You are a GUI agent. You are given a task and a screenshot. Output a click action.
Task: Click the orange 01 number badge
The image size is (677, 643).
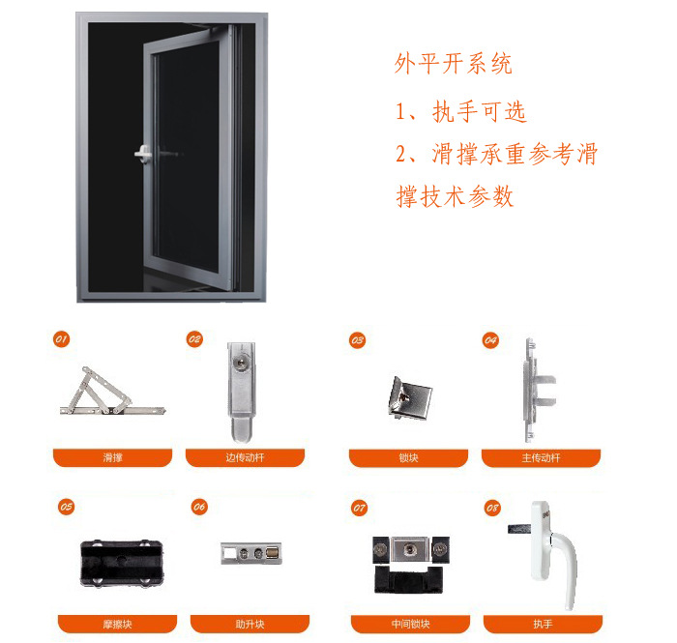click(61, 338)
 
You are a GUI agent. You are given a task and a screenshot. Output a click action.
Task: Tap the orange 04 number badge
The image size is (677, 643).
click(490, 340)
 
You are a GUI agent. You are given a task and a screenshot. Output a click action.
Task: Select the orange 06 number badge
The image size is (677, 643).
click(199, 507)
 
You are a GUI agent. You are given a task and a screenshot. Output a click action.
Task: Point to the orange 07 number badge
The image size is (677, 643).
click(359, 508)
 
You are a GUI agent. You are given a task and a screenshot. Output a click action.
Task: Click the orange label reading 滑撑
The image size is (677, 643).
click(113, 457)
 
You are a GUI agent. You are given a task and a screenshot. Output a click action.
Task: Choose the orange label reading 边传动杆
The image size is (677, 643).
click(246, 457)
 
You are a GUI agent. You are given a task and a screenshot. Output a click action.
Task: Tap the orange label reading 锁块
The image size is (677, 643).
click(408, 458)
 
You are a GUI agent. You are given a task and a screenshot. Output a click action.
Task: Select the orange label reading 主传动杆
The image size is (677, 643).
click(541, 458)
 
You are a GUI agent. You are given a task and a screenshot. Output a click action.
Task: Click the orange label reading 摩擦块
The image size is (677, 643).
click(117, 624)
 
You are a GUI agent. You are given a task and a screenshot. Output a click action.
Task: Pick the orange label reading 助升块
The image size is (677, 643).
click(250, 624)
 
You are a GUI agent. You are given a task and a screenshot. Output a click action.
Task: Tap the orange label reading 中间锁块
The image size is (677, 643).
click(411, 624)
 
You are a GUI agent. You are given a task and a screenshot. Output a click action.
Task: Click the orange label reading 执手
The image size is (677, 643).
click(544, 624)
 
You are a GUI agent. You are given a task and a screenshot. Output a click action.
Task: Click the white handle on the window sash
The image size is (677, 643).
click(143, 154)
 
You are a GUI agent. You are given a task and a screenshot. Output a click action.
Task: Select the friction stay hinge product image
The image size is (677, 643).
click(112, 392)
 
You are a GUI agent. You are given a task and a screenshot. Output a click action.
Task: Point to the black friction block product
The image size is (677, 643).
click(122, 563)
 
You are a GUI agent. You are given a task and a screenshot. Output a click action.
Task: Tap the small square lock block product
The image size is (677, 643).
click(410, 397)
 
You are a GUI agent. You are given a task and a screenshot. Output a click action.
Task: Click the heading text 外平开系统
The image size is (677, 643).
click(454, 64)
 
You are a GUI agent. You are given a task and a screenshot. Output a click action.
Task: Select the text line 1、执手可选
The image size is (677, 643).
click(461, 112)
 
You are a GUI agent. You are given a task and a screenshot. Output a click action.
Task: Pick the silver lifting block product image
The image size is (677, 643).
click(251, 553)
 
